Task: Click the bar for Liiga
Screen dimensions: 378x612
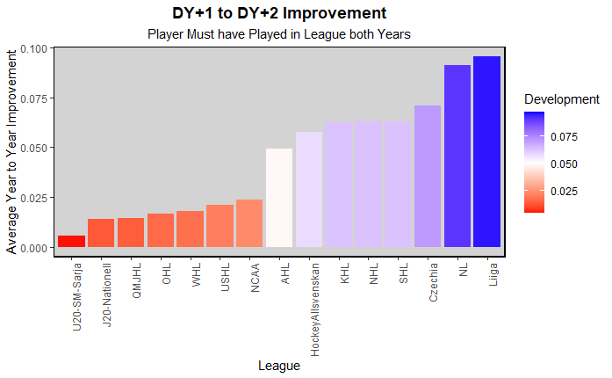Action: pyautogui.click(x=486, y=152)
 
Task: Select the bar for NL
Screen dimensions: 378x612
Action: pyautogui.click(x=457, y=156)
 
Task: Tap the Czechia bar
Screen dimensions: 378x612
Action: pyautogui.click(x=428, y=177)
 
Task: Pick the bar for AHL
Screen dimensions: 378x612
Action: pyautogui.click(x=279, y=198)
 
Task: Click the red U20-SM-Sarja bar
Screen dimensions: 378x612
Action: pyautogui.click(x=72, y=242)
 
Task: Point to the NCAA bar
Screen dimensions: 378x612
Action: pyautogui.click(x=249, y=223)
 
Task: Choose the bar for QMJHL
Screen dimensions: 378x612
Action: pyautogui.click(x=131, y=233)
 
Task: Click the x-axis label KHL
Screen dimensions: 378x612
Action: pyautogui.click(x=345, y=273)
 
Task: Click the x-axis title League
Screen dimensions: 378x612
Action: pyautogui.click(x=279, y=366)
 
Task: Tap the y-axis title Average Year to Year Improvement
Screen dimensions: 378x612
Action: pyautogui.click(x=11, y=151)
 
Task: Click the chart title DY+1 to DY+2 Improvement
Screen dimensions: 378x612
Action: pyautogui.click(x=279, y=13)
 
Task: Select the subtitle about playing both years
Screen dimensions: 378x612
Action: pyautogui.click(x=279, y=34)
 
